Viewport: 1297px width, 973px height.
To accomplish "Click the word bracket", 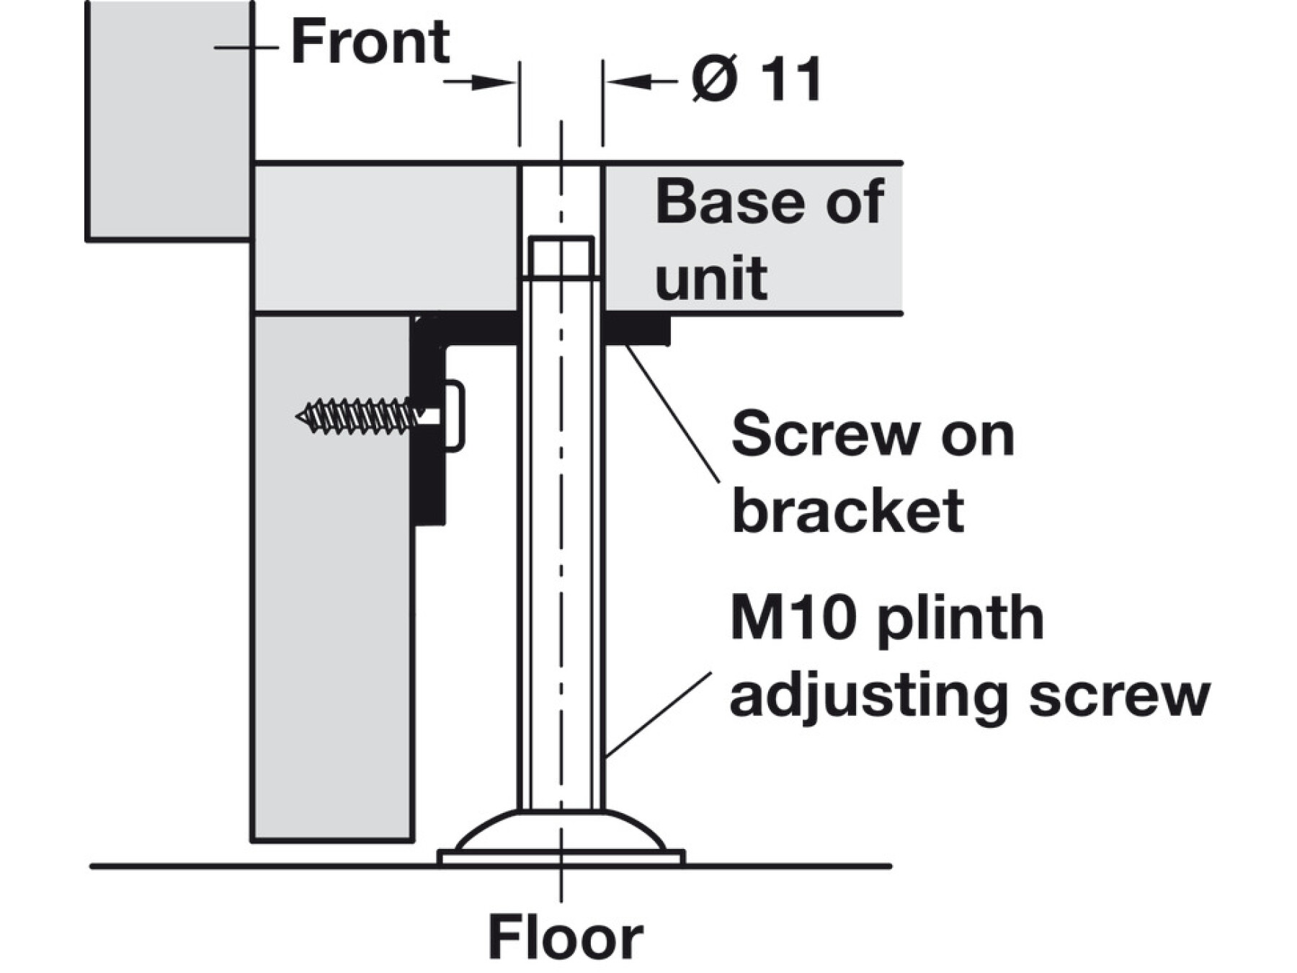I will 847,510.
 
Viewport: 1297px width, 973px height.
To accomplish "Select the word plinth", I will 961,618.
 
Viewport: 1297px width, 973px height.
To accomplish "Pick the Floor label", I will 565,938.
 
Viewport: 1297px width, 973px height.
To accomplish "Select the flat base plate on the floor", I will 561,857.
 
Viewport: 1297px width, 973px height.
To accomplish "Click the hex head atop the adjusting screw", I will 561,257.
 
